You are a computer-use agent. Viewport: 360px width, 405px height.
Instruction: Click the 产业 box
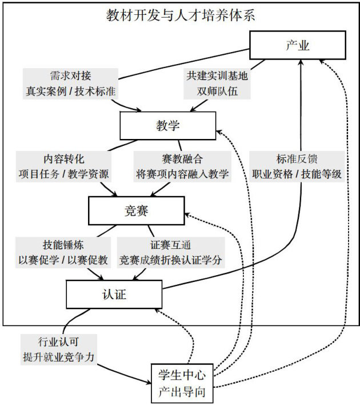click(297, 45)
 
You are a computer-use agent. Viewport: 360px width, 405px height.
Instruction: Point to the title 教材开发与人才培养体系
click(181, 15)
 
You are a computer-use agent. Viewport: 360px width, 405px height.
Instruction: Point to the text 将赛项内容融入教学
click(182, 174)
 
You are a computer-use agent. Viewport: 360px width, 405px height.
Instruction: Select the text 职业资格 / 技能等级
click(297, 174)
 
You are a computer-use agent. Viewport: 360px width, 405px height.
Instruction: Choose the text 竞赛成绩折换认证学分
click(170, 259)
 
